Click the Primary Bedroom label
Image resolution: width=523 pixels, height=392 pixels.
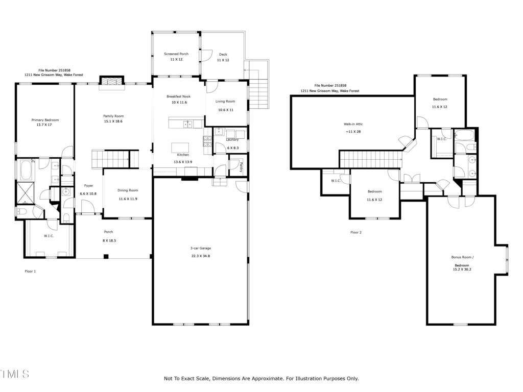[45, 120]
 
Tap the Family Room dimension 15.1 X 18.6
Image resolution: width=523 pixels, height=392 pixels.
[113, 121]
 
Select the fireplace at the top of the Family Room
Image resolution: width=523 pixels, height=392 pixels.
[112, 82]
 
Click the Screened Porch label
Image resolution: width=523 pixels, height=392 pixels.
[176, 54]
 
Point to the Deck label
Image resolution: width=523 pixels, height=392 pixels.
[223, 54]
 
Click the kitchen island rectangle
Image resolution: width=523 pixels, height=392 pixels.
[180, 148]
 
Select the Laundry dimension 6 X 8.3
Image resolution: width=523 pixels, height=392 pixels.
[233, 148]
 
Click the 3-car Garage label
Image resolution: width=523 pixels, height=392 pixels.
[200, 249]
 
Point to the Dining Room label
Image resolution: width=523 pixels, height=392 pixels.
[128, 190]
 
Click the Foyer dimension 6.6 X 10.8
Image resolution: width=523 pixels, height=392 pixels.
[88, 193]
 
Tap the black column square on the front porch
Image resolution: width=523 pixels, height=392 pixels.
[106, 256]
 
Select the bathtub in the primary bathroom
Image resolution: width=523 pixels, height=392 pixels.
[27, 170]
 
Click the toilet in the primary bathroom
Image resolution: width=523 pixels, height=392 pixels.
[22, 211]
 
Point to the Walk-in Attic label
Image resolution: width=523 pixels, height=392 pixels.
[353, 124]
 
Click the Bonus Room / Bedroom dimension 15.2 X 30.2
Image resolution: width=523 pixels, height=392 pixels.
[462, 269]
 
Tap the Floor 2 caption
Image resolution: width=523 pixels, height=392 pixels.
[356, 232]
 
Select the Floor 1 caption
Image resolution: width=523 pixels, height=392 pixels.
[30, 272]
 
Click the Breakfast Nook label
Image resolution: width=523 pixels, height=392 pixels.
[178, 96]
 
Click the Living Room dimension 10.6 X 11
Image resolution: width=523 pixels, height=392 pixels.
[226, 110]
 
